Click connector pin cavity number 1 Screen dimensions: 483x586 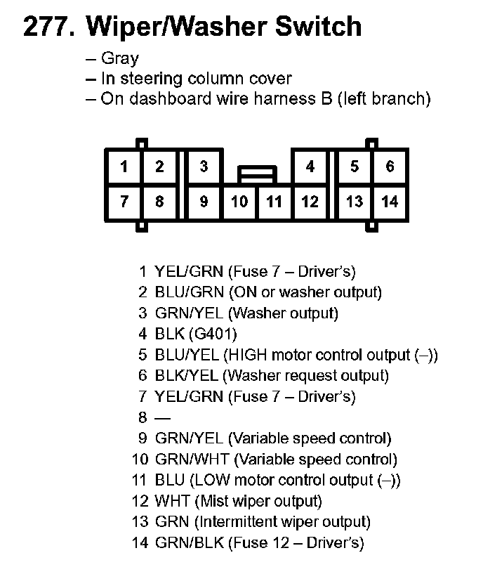tap(124, 167)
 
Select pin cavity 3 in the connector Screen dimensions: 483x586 tap(204, 167)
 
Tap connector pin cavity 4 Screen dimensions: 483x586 tap(310, 167)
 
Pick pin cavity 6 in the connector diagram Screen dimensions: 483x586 tap(390, 167)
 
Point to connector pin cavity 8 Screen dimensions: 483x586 tap(159, 202)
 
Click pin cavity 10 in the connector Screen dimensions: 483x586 tap(239, 202)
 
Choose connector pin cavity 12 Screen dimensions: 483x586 tap(310, 202)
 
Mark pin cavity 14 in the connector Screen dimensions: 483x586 tap(390, 202)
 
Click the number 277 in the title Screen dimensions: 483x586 tap(48, 27)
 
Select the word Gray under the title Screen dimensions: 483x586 tap(120, 59)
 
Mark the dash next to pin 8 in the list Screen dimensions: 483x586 tap(161, 418)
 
